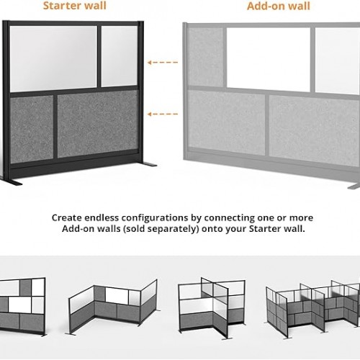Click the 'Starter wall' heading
click(74, 6)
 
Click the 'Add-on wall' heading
click(279, 6)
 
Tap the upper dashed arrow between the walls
click(163, 63)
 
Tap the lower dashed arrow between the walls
click(163, 114)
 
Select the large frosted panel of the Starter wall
click(53, 58)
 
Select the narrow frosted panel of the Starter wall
click(120, 56)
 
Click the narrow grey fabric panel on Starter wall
click(32, 129)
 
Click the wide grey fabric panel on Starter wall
click(98, 124)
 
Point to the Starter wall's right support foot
click(148, 164)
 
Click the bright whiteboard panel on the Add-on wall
click(269, 60)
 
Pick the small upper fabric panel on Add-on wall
click(205, 57)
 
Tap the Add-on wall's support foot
click(354, 186)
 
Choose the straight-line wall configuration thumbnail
click(22, 307)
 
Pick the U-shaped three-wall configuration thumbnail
click(113, 307)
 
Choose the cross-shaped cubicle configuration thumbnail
click(212, 308)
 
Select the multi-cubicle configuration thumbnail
click(312, 309)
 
